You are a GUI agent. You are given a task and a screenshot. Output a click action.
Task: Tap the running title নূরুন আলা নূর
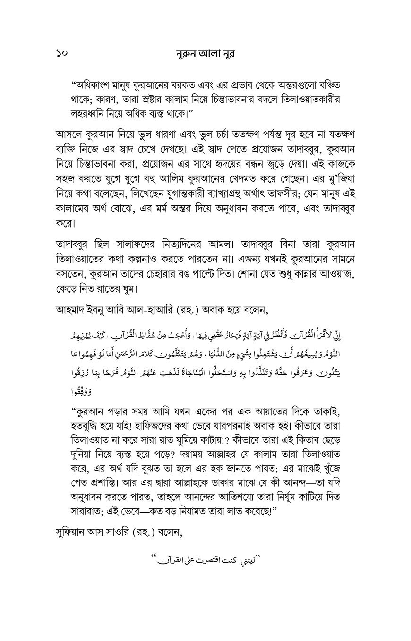click(205, 54)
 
